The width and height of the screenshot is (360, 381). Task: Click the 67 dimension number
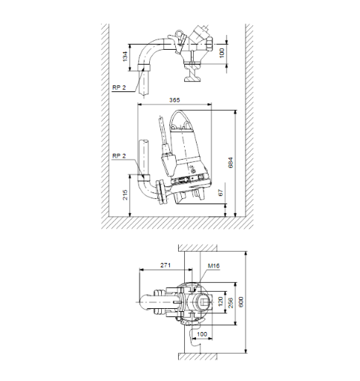click(221, 192)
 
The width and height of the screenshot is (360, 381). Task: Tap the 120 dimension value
click(221, 302)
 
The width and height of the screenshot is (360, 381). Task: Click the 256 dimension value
click(231, 304)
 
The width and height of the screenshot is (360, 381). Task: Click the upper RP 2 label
click(118, 87)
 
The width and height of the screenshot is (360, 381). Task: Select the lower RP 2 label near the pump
click(118, 157)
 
